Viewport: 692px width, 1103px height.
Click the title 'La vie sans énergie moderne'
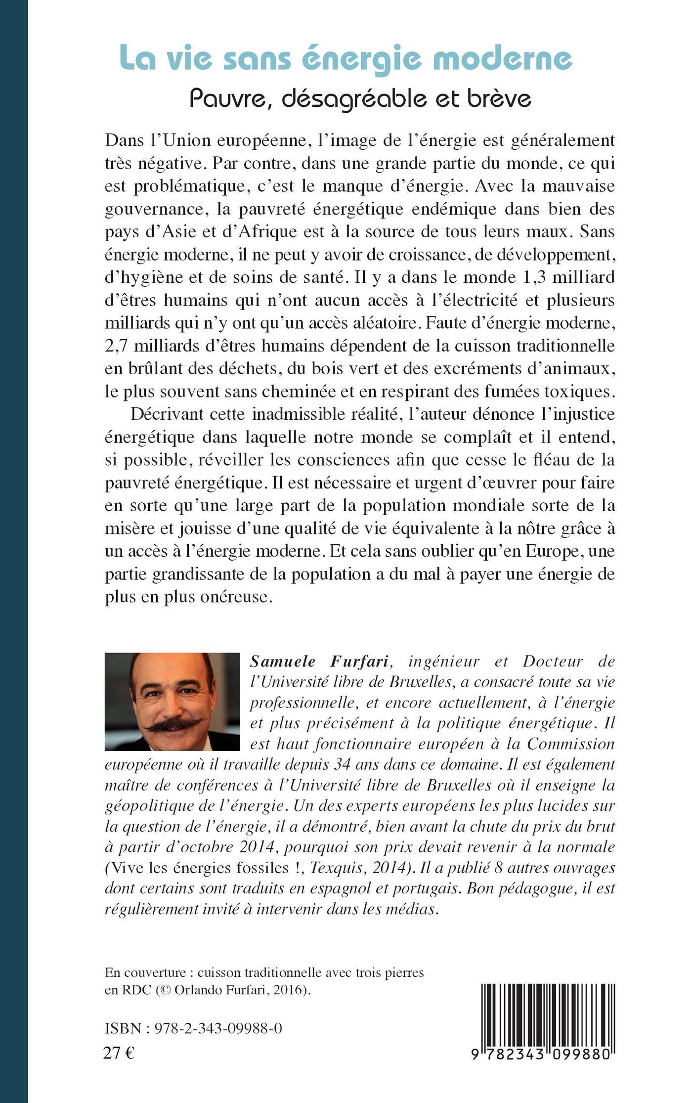[346, 58]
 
